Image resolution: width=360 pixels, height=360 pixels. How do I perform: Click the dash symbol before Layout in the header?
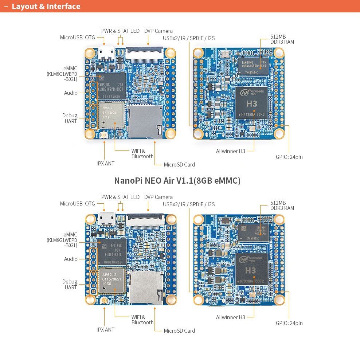[6, 7]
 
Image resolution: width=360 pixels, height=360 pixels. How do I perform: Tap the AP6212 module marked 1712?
[112, 114]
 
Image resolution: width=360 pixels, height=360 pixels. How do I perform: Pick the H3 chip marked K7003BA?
[251, 270]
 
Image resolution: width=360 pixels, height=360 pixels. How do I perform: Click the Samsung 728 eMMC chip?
[111, 86]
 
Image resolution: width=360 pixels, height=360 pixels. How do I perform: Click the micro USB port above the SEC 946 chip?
[106, 219]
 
